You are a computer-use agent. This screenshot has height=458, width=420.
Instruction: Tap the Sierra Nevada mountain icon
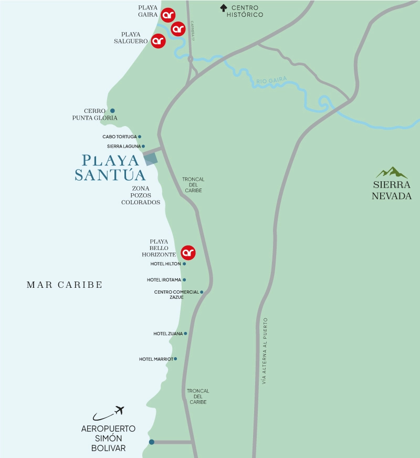point(392,172)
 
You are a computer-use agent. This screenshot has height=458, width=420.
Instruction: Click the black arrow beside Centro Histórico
point(224,8)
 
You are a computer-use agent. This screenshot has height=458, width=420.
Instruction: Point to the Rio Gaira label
point(271,80)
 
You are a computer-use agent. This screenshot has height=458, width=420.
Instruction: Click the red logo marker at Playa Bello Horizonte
point(188,253)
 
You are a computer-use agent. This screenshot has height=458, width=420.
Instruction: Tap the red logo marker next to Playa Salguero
point(158,41)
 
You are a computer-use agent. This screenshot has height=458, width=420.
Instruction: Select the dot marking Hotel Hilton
point(184,264)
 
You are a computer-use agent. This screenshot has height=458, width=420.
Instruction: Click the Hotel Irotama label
point(163,280)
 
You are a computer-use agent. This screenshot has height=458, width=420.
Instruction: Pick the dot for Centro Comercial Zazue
point(202,292)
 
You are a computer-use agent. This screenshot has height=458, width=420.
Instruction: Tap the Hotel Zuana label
point(168,334)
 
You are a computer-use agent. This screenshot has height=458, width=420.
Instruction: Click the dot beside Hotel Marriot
point(175,359)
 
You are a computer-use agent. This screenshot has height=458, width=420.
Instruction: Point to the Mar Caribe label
point(64,285)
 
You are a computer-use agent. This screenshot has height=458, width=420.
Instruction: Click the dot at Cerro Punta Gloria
point(112,111)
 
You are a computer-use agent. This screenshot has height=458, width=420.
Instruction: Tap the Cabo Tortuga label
point(119,137)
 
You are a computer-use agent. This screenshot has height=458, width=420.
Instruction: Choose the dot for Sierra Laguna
point(143,147)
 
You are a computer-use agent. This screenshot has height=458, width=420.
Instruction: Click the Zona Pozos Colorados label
point(140,195)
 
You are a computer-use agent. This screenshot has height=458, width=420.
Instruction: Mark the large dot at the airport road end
point(152,442)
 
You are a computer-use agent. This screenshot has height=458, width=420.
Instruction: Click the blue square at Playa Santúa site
point(151,159)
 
